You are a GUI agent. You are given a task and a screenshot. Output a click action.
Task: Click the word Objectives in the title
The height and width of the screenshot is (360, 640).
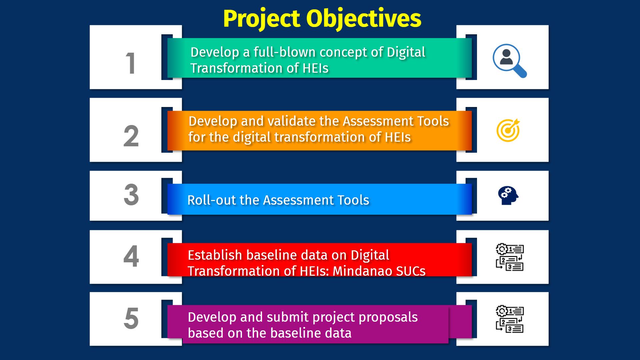click(x=364, y=19)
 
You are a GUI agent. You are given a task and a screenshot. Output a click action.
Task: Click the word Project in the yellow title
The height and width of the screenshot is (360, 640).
click(x=262, y=19)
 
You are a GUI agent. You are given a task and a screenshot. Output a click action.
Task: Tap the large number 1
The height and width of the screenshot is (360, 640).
click(x=131, y=63)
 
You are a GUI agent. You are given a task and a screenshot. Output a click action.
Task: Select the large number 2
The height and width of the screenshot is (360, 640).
click(x=131, y=136)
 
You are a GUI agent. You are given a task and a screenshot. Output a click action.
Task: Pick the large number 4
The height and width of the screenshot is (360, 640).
click(x=131, y=256)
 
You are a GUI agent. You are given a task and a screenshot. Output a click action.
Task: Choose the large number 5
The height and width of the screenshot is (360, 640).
click(x=131, y=318)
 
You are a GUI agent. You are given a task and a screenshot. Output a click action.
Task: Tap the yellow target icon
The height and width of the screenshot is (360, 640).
click(x=508, y=130)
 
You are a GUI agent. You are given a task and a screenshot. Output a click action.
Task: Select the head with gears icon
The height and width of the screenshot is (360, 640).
click(x=508, y=195)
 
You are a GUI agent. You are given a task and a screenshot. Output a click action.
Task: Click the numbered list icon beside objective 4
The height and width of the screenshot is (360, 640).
click(x=510, y=257)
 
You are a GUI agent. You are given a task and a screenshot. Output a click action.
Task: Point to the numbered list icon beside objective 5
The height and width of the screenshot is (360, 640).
click(x=510, y=319)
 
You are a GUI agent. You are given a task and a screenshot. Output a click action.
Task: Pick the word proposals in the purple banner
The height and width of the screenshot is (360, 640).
click(x=388, y=318)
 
